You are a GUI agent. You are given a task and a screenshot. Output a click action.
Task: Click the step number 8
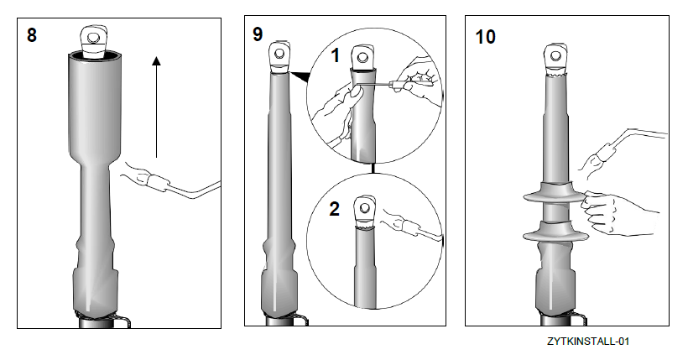tap(32, 35)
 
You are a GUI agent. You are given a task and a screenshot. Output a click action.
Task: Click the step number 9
tap(258, 34)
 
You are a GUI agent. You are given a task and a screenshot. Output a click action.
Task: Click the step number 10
tap(485, 37)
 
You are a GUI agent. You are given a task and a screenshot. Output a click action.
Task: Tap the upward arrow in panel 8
tap(156, 107)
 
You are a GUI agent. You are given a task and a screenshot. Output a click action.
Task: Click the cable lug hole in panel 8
tap(92, 37)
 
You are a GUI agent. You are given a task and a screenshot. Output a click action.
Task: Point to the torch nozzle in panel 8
tap(157, 182)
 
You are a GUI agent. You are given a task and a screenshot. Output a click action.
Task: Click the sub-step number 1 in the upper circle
tap(336, 55)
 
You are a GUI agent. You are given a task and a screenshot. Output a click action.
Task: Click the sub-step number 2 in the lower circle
tap(334, 209)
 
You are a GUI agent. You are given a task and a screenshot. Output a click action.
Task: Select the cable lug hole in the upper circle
tap(362, 57)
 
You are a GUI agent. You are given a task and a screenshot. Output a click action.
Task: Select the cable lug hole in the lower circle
tap(365, 206)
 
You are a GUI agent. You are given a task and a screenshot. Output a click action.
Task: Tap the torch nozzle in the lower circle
tap(410, 228)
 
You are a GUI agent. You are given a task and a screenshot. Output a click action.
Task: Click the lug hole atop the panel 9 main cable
tap(279, 54)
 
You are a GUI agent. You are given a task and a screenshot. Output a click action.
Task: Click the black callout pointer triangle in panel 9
tap(300, 76)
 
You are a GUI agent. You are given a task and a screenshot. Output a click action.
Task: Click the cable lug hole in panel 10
tap(556, 56)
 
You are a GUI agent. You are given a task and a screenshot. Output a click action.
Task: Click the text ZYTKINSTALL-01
tap(588, 342)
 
